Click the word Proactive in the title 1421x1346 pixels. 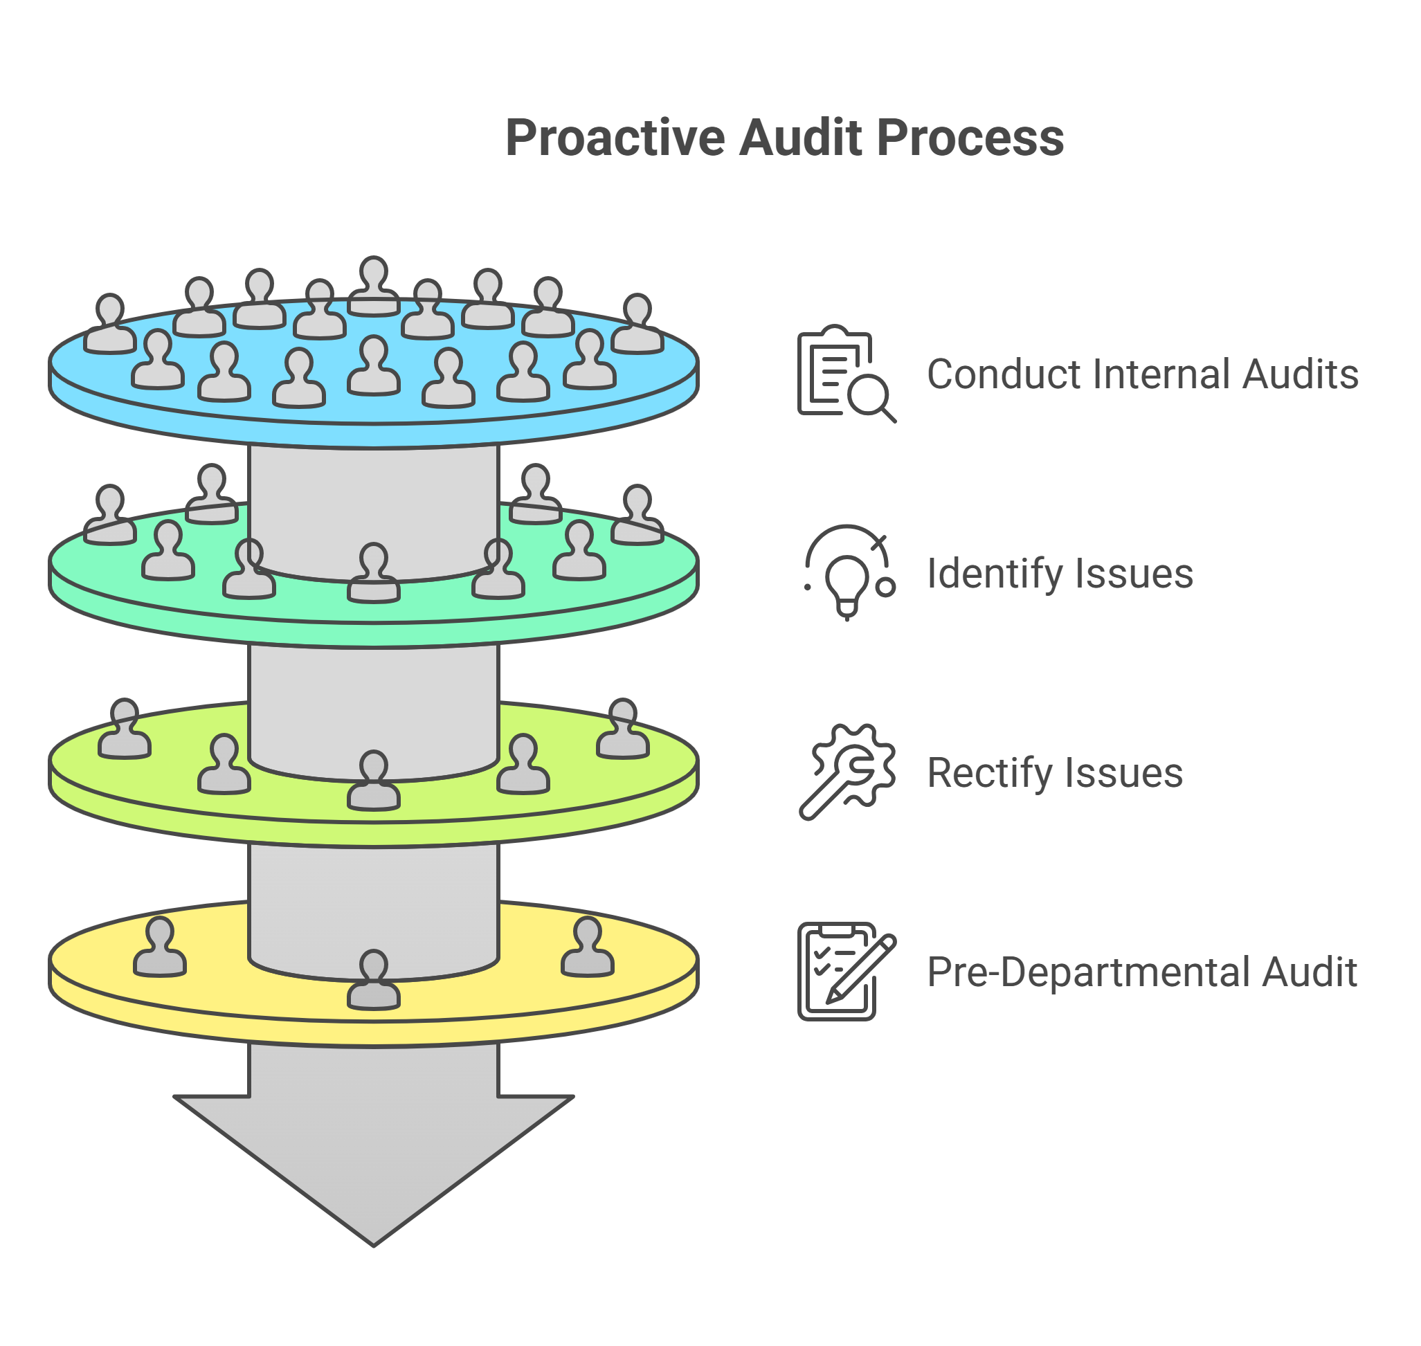coord(615,138)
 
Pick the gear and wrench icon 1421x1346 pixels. coord(847,772)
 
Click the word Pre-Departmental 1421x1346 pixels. coord(1089,973)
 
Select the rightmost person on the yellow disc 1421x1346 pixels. coord(587,949)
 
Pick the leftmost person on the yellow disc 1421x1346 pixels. coord(160,949)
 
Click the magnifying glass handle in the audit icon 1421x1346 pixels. coord(889,415)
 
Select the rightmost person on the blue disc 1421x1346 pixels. coord(637,325)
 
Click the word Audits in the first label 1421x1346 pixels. coord(1300,374)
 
